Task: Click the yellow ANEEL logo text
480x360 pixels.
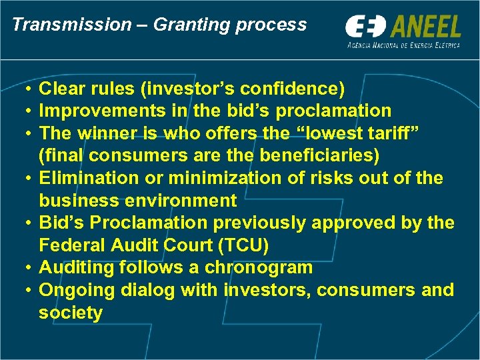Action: (x=426, y=27)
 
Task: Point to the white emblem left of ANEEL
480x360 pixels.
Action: (x=365, y=27)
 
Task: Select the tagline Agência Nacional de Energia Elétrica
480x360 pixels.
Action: (x=403, y=45)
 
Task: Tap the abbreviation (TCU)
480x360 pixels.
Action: (x=243, y=245)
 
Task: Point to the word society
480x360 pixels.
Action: (x=71, y=313)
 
